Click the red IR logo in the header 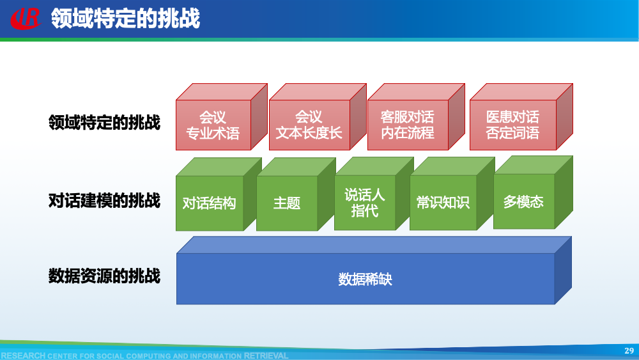pos(25,19)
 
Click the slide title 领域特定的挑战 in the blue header pos(125,19)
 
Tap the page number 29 pos(629,350)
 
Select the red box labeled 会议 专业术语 pos(213,125)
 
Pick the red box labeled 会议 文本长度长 pos(309,125)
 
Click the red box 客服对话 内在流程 pos(407,125)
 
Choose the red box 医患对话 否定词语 pos(512,125)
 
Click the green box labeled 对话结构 pos(210,203)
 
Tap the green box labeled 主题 pos(287,203)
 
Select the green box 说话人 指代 pos(365,203)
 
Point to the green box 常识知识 pos(443,203)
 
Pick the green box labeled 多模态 pos(523,201)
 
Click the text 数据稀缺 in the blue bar pos(365,279)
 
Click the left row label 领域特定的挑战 pos(104,122)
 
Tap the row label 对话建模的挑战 pos(104,201)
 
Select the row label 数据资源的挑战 pos(104,276)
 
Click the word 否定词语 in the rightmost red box pos(512,133)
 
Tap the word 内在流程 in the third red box pos(407,133)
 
